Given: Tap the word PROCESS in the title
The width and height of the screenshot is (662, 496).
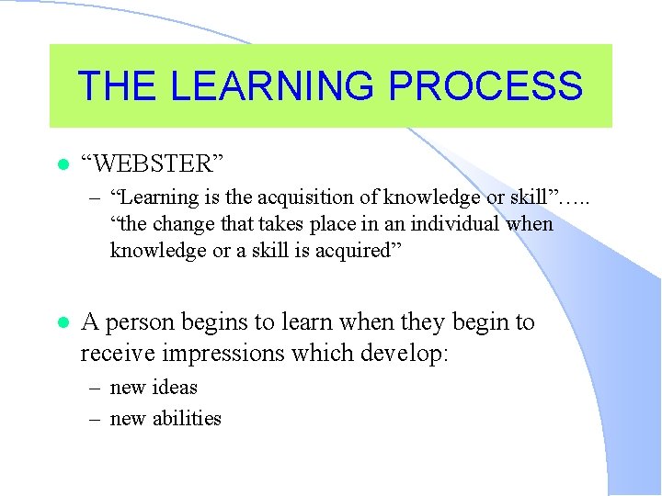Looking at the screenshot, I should [486, 85].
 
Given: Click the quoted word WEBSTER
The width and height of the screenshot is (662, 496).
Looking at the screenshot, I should [153, 164].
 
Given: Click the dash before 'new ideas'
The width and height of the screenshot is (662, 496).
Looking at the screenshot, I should [95, 388].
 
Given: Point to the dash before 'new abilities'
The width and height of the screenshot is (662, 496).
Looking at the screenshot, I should [95, 419].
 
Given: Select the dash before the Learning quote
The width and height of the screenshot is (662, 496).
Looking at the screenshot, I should [95, 197].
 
